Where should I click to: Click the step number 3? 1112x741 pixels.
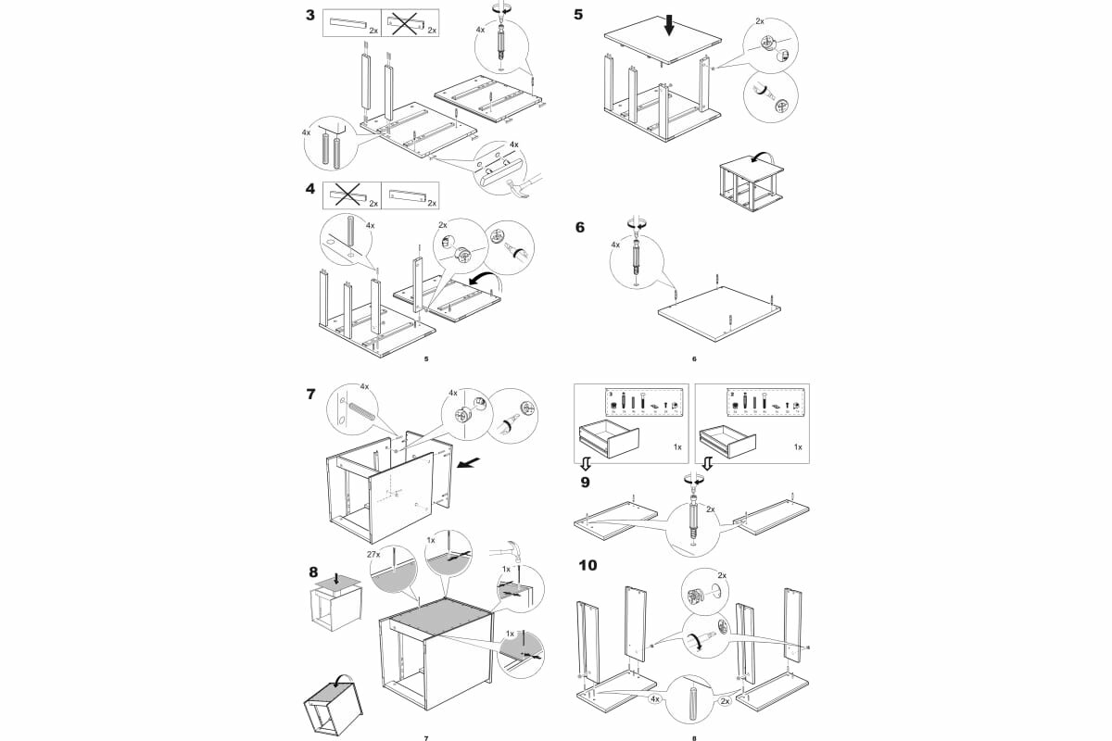click(313, 16)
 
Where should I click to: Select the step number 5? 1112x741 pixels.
click(579, 16)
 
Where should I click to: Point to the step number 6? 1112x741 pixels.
click(580, 227)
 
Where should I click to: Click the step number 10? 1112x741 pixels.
click(588, 564)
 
